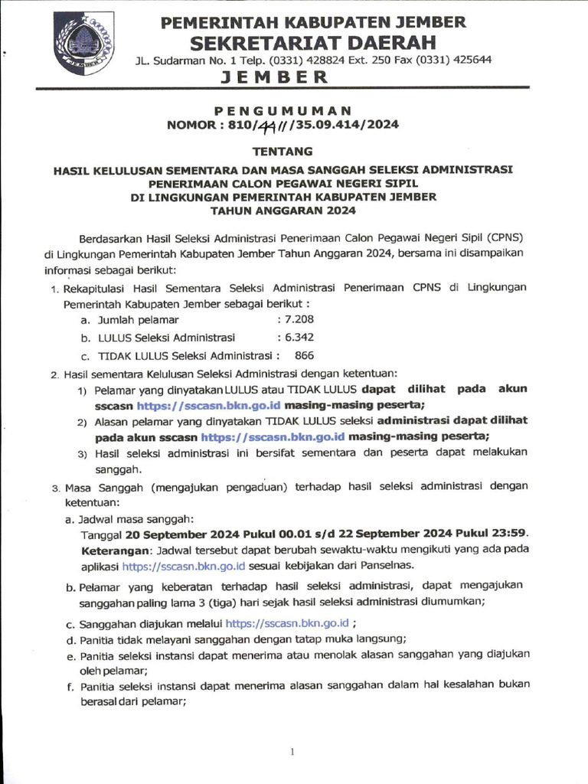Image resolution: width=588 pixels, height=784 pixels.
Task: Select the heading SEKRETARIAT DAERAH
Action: point(313,41)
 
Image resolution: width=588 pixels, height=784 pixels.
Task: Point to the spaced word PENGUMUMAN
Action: point(294,110)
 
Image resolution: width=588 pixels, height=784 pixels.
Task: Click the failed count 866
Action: point(304,355)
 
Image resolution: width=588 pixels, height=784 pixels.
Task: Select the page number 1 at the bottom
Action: point(292,753)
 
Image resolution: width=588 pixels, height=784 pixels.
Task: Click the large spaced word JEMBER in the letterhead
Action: point(275,77)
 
